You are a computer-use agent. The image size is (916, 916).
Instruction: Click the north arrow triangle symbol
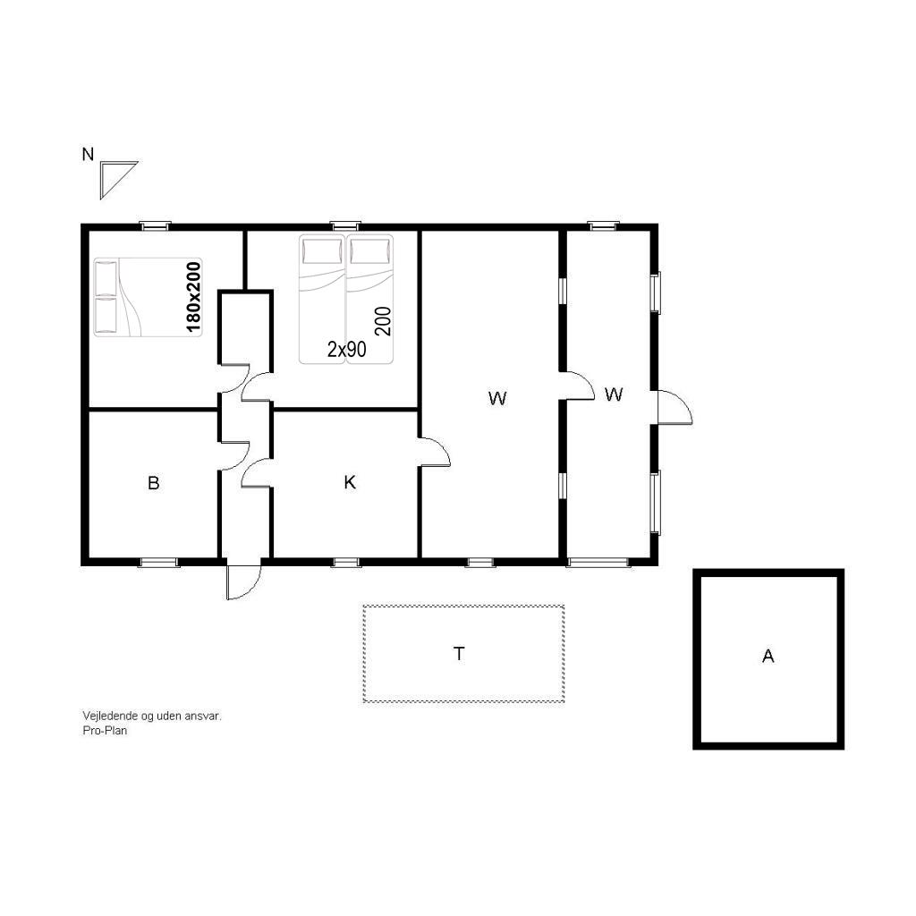(114, 175)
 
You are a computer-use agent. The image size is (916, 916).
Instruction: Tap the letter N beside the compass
(88, 155)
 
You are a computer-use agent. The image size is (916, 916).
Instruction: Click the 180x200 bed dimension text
(193, 297)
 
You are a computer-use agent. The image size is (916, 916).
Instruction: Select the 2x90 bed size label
(347, 350)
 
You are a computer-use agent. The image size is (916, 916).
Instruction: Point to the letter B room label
(154, 483)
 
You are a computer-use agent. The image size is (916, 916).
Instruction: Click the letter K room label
(350, 482)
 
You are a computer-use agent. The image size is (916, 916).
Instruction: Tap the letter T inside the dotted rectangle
(459, 654)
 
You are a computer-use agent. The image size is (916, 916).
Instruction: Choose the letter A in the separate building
(768, 657)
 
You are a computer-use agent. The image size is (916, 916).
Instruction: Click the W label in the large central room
(497, 398)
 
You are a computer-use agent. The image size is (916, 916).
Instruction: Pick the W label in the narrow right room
(614, 394)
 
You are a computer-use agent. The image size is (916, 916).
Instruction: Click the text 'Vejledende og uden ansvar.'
(152, 716)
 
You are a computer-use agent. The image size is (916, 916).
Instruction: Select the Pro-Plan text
(106, 730)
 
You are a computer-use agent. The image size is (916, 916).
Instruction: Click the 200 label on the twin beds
(383, 321)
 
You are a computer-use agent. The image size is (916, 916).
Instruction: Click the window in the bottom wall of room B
(159, 563)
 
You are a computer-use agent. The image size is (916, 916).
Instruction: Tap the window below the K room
(346, 563)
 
